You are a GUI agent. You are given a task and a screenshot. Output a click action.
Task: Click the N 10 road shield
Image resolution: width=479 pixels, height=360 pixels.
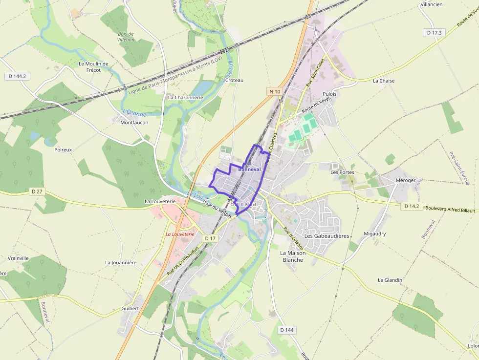tap(275, 91)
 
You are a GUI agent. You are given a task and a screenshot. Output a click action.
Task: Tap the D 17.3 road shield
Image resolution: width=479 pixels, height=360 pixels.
tap(434, 32)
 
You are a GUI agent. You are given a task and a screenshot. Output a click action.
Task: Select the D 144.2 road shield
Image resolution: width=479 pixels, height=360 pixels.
tap(17, 76)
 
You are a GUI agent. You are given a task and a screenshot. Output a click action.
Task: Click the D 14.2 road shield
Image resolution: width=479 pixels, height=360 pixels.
tap(412, 206)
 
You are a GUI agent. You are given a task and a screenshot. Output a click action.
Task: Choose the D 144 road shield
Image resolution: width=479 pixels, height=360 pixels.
tap(287, 330)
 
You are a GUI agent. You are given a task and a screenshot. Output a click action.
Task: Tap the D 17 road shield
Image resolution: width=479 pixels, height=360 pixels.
tap(210, 238)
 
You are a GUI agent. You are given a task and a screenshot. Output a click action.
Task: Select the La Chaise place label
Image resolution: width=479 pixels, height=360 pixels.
tap(383, 81)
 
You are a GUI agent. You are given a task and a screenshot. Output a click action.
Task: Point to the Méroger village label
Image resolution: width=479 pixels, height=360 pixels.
tap(405, 180)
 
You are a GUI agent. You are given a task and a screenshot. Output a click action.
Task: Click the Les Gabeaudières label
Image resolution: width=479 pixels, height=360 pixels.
tap(327, 236)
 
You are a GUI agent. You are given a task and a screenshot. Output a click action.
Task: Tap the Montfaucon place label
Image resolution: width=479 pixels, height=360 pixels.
tap(134, 123)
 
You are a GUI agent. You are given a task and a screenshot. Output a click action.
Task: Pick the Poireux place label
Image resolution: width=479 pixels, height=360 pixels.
tap(63, 150)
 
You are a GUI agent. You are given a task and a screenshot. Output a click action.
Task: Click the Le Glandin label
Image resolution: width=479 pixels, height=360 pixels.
tap(390, 280)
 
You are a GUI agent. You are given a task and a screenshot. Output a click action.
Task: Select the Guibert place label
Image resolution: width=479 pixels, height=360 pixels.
tap(130, 308)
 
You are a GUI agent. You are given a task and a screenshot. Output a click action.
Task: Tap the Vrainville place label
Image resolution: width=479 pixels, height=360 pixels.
tap(19, 258)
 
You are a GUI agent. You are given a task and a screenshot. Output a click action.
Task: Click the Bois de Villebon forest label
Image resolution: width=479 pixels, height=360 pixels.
tap(126, 37)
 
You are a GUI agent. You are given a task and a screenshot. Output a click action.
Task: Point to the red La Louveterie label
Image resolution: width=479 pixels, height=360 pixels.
tap(180, 234)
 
